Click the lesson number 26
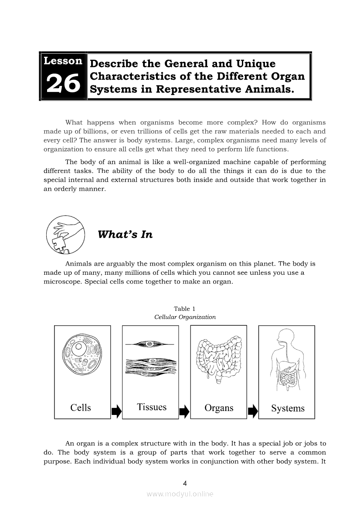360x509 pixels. (x=63, y=84)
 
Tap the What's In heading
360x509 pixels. (x=125, y=235)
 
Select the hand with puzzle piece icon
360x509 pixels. (x=65, y=235)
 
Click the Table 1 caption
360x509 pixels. (x=185, y=309)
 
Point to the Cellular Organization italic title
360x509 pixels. (x=185, y=317)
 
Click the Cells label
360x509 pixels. (x=81, y=408)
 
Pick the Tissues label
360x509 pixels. (x=152, y=407)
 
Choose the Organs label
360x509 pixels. (x=219, y=408)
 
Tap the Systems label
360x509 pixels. (x=288, y=408)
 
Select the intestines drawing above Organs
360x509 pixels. (x=219, y=358)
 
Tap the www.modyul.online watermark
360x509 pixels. (x=180, y=494)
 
